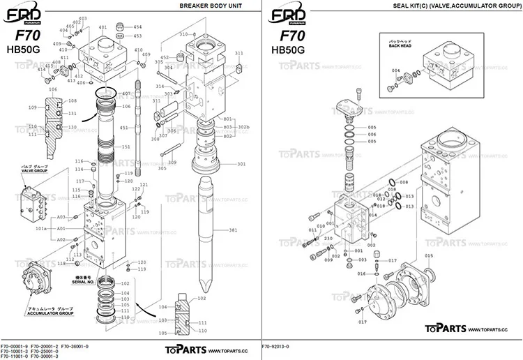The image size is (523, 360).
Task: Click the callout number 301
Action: [x=242, y=164]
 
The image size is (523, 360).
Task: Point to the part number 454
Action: [x=137, y=27]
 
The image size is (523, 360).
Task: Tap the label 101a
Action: [x=41, y=228]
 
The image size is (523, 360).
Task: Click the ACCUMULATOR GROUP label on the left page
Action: [x=50, y=313]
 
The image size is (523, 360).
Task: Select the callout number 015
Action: [x=428, y=256]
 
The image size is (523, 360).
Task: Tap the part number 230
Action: [x=327, y=237]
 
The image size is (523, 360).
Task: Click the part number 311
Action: [x=239, y=53]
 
